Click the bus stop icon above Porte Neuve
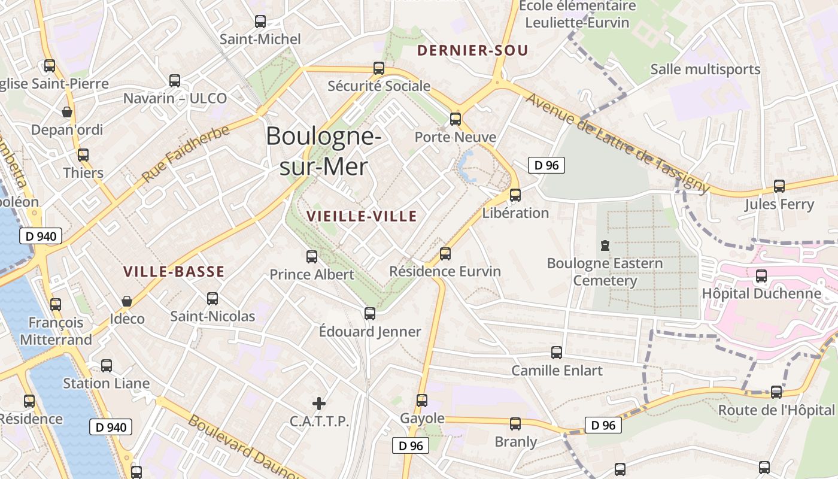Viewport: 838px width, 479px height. (x=456, y=119)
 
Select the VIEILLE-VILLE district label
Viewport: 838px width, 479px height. (x=362, y=216)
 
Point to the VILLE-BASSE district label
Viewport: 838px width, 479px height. (x=174, y=271)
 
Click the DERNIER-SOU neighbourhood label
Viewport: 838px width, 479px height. (x=473, y=50)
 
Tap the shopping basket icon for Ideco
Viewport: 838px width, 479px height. (x=126, y=301)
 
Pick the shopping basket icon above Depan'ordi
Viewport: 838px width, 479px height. (x=67, y=112)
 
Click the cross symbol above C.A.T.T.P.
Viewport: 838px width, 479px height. (x=319, y=403)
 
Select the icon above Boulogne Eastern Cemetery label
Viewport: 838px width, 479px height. (x=605, y=245)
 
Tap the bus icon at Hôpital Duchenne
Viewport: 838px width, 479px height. (x=761, y=276)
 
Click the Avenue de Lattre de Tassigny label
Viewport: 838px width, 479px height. (x=617, y=143)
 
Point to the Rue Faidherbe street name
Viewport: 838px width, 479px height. (x=186, y=154)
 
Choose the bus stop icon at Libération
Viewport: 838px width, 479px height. (x=515, y=195)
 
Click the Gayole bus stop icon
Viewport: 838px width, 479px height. (x=422, y=400)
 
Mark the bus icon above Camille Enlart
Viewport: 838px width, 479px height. (x=557, y=353)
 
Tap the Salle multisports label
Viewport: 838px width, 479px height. (x=705, y=69)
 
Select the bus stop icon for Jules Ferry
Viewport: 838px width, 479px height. (x=779, y=186)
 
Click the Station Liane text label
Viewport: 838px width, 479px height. (x=107, y=383)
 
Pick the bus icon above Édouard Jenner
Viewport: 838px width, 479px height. (x=370, y=313)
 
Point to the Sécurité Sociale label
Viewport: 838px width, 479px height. (x=379, y=86)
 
